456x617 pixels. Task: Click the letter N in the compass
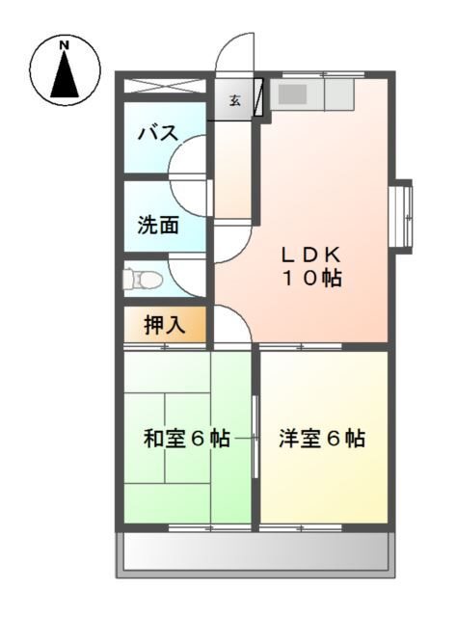tap(65, 44)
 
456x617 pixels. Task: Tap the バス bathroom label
tap(157, 133)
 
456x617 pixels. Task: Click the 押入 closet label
tap(164, 325)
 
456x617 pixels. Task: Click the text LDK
tap(311, 255)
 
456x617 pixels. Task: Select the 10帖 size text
tap(311, 280)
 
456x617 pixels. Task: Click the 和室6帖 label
tap(186, 439)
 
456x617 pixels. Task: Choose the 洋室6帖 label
tap(322, 439)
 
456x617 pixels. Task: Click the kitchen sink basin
tap(293, 94)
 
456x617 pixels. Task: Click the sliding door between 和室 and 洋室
tap(255, 436)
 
